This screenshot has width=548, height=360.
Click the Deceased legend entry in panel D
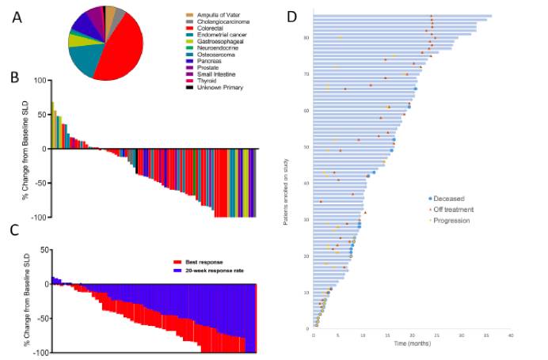click(x=448, y=199)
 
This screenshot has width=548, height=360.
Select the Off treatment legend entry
click(x=451, y=210)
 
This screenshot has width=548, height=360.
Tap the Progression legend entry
click(x=449, y=220)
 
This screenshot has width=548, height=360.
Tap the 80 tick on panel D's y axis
click(x=306, y=38)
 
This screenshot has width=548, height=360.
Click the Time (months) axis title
click(x=413, y=346)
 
